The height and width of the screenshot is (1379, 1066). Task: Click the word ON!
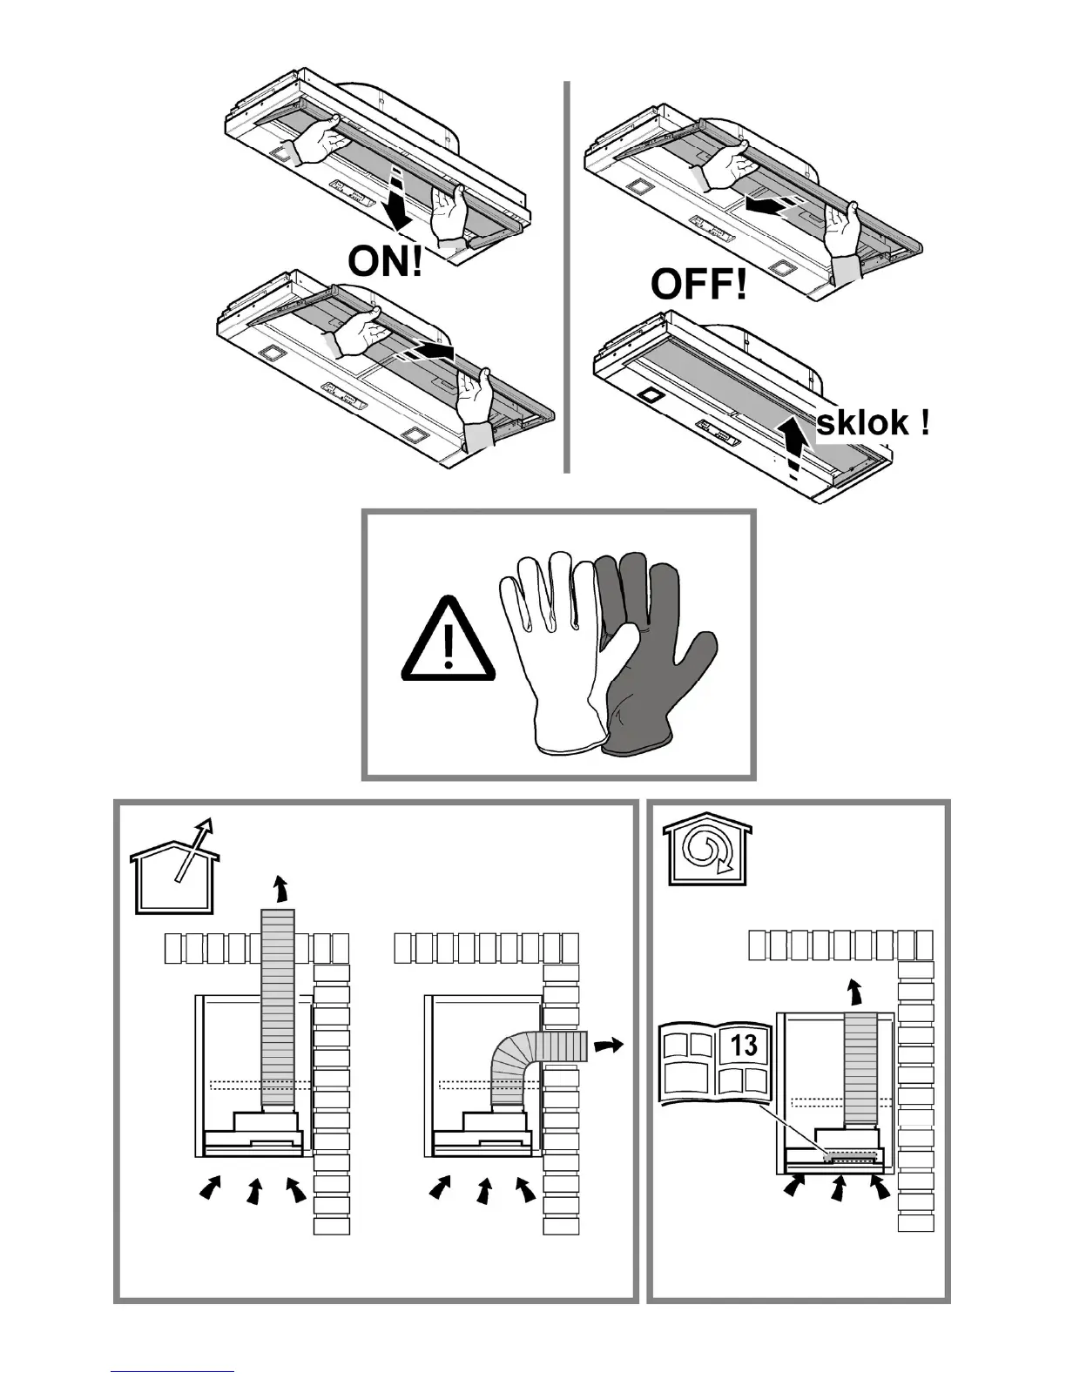pyautogui.click(x=385, y=260)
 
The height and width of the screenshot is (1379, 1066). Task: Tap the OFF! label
pyautogui.click(x=698, y=284)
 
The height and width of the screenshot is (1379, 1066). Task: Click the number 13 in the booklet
pyautogui.click(x=745, y=1045)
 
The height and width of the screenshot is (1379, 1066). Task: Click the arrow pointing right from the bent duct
pyautogui.click(x=609, y=1043)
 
